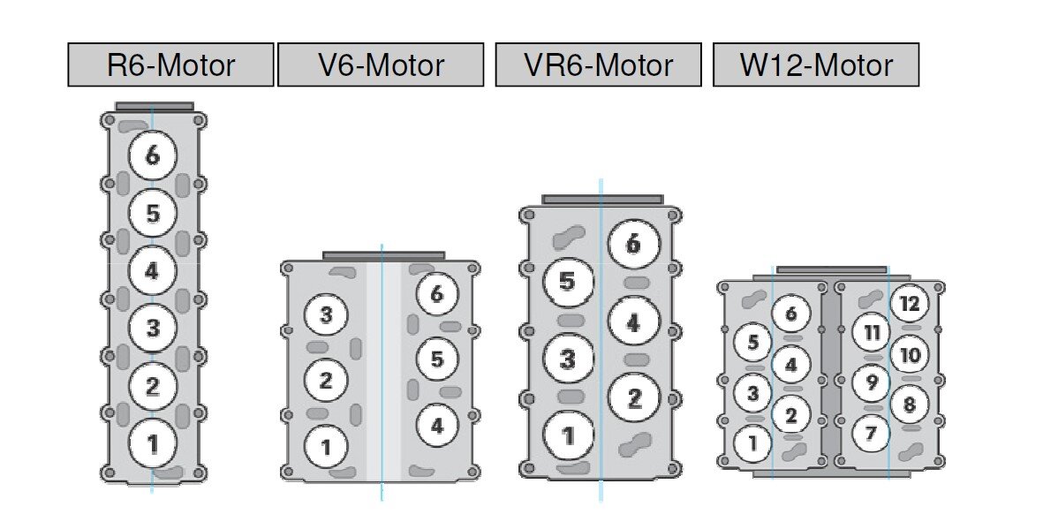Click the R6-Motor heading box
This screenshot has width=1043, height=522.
tap(170, 65)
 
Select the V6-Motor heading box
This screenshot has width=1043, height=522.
tap(381, 65)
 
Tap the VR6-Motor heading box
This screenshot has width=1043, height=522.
tap(598, 65)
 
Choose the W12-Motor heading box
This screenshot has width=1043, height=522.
tap(816, 65)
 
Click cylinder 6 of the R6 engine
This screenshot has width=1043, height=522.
tap(153, 155)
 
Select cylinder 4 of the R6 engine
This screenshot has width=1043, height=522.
tap(153, 270)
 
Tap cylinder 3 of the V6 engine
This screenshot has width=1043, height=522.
tap(326, 315)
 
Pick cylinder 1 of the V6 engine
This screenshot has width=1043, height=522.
tap(326, 447)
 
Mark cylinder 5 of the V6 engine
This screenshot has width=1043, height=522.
tap(436, 359)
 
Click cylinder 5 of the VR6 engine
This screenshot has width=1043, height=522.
tap(567, 282)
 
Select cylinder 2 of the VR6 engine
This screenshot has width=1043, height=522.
tap(633, 398)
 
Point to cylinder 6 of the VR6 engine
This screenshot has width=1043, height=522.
tap(633, 244)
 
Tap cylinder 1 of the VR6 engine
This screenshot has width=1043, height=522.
tap(567, 435)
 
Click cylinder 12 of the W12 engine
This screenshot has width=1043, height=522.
tap(910, 305)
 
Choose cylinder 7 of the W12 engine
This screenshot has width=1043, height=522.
tap(872, 433)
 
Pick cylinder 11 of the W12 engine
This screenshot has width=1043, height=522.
tap(872, 332)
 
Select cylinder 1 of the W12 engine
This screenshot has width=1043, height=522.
tap(752, 443)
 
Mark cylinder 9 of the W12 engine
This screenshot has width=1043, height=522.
tap(872, 382)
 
